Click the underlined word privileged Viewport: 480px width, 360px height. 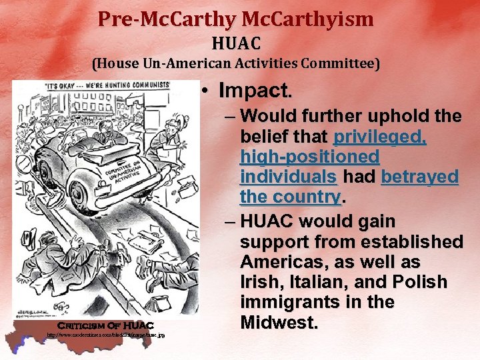coord(379,137)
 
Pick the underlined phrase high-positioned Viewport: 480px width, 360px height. coord(309,157)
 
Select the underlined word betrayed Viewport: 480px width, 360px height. coord(420,177)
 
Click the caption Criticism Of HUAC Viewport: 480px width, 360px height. coord(105,325)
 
